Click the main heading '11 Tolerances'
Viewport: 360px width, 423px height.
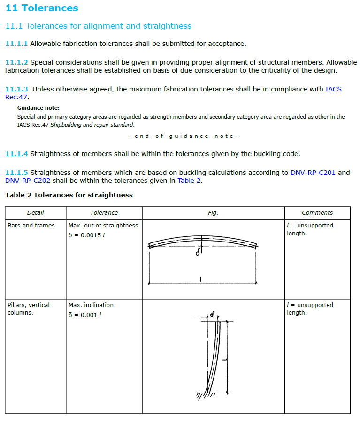(42, 8)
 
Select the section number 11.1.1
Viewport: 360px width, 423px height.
(16, 44)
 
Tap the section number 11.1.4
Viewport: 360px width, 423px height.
(16, 153)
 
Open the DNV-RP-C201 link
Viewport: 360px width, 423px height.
(313, 173)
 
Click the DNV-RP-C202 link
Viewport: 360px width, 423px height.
(28, 181)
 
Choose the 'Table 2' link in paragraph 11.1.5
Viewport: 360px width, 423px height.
(189, 181)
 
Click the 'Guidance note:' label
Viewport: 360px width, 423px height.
(38, 108)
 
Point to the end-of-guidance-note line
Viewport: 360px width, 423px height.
(184, 136)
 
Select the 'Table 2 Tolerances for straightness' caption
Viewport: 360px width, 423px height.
(69, 195)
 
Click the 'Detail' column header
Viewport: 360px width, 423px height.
(35, 213)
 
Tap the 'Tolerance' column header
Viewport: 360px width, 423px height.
(104, 213)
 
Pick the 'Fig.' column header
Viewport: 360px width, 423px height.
(213, 213)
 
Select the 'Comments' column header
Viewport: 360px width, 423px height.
(317, 213)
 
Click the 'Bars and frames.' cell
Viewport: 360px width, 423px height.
(32, 226)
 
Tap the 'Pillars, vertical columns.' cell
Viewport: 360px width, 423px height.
(28, 309)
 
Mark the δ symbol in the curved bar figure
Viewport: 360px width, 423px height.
(198, 253)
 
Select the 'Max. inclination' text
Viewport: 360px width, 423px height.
(91, 305)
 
